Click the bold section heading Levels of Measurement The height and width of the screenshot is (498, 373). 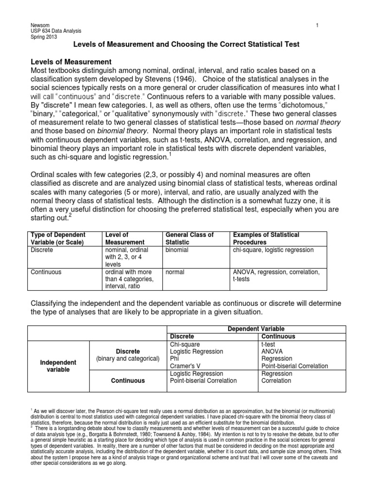tap(71, 62)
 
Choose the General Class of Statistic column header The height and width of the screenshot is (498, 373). tap(189, 238)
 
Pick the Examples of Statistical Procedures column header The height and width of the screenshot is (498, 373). tap(266, 238)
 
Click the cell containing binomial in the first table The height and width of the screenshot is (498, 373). tap(177, 250)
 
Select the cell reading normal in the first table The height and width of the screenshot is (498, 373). tap(175, 272)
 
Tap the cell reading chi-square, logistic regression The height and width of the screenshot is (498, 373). tap(273, 250)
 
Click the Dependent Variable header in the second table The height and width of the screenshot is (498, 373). tap(256, 329)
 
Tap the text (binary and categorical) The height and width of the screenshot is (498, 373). tap(128, 359)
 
